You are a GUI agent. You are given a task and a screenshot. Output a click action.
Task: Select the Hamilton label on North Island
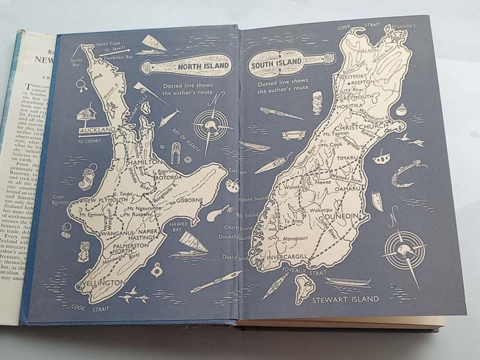click(x=144, y=163)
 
